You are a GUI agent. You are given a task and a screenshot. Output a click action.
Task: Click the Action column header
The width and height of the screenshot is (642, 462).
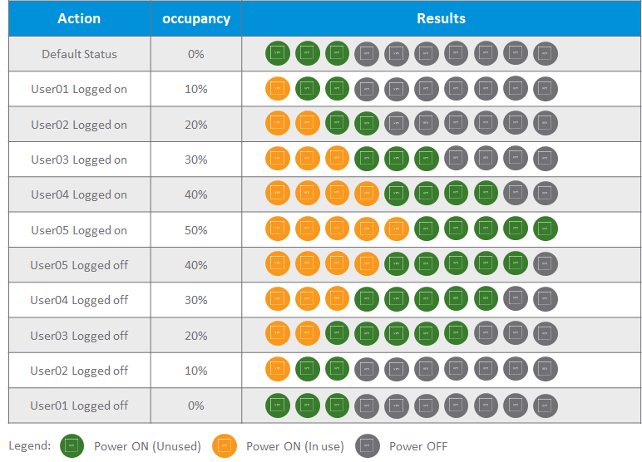79,18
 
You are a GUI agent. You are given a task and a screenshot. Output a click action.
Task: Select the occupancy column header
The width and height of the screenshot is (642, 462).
196,18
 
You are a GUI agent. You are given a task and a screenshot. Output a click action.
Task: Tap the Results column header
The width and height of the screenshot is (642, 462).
441,18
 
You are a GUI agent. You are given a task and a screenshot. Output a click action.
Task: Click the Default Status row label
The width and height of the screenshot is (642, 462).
79,54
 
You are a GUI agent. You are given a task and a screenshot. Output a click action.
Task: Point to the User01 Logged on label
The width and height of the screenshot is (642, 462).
79,89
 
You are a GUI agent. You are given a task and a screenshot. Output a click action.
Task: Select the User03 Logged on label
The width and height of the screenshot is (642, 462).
79,160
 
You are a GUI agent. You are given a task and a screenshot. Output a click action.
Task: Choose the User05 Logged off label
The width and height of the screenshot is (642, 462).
79,265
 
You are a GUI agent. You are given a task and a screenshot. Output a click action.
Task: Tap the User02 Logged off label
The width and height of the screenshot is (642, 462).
79,371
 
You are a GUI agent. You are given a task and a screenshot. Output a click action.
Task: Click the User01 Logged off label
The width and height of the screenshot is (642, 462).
79,405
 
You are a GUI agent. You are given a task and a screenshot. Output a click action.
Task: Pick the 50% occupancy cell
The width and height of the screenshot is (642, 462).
196,230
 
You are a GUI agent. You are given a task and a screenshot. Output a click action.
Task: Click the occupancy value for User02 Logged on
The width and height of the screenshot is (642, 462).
196,125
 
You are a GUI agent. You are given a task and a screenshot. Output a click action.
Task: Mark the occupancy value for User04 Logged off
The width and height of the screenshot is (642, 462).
196,300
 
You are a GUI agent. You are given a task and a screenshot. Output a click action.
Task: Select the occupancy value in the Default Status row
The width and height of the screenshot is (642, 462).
196,54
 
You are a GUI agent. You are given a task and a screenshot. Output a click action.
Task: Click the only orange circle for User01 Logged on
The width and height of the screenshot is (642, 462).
278,89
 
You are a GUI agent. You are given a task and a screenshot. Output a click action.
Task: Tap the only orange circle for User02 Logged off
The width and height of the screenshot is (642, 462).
278,371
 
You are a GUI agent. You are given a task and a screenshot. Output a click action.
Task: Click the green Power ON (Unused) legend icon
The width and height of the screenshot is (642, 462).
72,446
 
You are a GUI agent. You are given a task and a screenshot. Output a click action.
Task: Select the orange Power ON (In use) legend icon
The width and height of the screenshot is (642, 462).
225,446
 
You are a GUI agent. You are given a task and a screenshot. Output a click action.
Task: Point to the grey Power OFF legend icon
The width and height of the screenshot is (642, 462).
368,446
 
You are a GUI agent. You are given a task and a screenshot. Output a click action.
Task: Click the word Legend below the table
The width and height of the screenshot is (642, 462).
29,446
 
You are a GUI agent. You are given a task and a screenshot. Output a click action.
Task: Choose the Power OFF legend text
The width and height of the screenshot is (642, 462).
418,446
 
